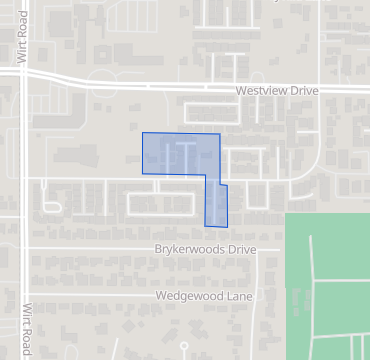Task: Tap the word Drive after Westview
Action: click(x=304, y=91)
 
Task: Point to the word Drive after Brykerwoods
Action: click(x=242, y=248)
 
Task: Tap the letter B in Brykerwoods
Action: click(x=159, y=248)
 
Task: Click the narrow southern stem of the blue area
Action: click(x=216, y=205)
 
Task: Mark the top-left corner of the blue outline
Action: click(x=143, y=133)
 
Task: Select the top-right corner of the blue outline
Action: click(x=219, y=134)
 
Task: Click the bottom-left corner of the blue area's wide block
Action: click(x=143, y=173)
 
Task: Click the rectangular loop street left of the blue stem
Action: click(x=161, y=203)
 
